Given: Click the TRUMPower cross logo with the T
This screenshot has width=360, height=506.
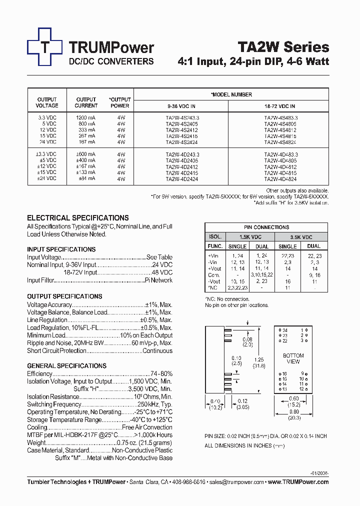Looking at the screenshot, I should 45,47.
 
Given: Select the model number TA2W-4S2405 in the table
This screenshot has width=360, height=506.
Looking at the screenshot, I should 181,123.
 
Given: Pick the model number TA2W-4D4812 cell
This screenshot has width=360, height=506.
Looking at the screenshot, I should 280,166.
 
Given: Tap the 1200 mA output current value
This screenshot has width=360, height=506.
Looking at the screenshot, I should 86,117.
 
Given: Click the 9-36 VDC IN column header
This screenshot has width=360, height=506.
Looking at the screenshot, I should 181,106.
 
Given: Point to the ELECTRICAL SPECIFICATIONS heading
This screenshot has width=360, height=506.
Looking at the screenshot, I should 77,218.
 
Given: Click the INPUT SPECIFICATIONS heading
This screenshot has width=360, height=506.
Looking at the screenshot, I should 61,249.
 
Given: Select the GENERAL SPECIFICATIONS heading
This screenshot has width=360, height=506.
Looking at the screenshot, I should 66,366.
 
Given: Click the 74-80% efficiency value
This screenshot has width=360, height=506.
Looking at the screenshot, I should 161,374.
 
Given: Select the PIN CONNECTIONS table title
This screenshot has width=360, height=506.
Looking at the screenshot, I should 266,227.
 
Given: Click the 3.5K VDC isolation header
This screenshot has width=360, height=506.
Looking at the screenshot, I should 300,237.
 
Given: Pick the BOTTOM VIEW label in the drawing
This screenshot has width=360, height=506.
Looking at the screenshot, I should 293,358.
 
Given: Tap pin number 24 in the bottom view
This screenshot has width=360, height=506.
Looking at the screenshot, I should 285,330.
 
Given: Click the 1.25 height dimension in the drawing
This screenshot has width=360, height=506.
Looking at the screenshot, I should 258,359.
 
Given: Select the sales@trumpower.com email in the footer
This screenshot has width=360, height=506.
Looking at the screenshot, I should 236,482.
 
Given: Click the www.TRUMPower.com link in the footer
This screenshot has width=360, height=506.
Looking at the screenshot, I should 298,482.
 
